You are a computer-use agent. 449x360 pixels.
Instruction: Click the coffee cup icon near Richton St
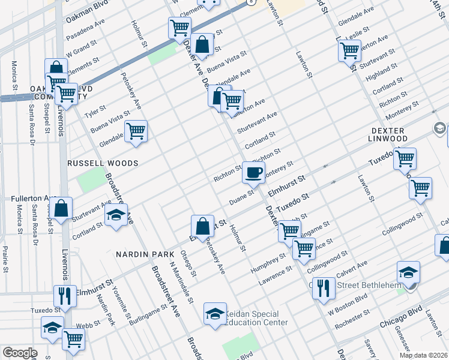(253, 173)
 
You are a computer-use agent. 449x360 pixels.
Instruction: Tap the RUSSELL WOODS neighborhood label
(103, 163)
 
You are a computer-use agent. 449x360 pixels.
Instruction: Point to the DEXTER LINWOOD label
(389, 134)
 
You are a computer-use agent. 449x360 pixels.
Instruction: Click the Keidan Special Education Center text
(256, 318)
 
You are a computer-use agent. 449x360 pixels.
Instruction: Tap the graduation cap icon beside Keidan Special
(215, 314)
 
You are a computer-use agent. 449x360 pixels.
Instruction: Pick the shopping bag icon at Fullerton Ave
(61, 209)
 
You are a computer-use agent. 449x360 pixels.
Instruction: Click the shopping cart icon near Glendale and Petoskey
(136, 131)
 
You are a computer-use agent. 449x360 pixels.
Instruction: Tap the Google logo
(20, 353)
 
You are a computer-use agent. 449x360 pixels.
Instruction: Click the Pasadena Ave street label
(85, 34)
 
